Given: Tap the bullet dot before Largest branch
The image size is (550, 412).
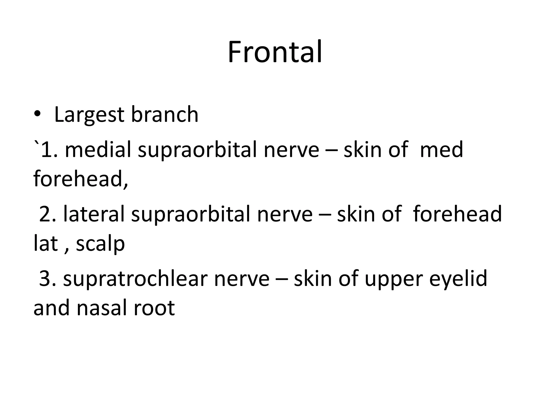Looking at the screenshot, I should [37, 114].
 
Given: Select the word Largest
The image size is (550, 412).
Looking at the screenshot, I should [89, 115].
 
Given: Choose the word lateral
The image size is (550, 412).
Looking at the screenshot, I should [94, 214].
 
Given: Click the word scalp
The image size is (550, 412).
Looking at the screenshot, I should [100, 244].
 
